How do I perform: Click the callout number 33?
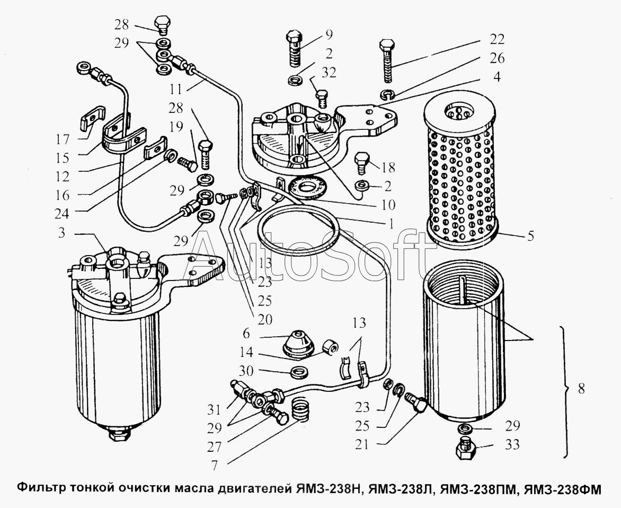(512, 444)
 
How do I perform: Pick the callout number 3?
(61, 233)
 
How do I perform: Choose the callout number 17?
(62, 139)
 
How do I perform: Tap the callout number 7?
(214, 465)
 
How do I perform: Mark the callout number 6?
(246, 334)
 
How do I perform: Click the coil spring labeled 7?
(300, 410)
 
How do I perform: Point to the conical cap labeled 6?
(298, 344)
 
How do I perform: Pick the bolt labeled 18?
(362, 162)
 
